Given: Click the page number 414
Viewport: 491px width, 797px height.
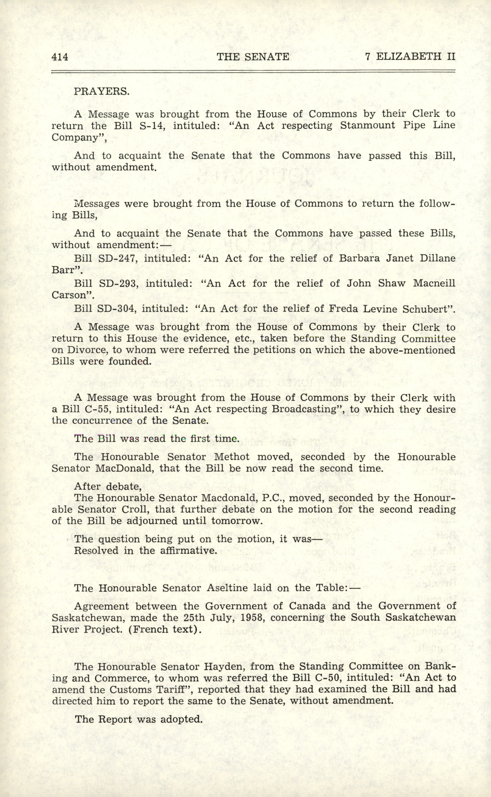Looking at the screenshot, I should pos(60,57).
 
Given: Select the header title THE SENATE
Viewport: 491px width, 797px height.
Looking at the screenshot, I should pos(253,57).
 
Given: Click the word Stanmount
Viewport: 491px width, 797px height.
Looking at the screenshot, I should pos(367,126).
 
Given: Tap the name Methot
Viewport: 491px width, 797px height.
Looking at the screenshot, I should pos(232,457).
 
